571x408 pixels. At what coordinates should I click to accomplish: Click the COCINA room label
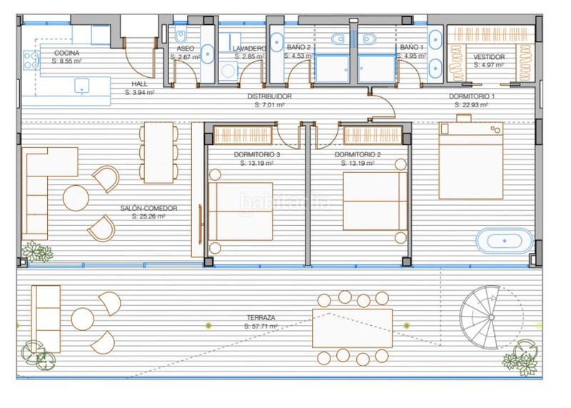tap(66, 54)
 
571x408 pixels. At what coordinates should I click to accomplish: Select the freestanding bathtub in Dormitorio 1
tap(505, 241)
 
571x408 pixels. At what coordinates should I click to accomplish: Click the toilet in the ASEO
tap(181, 36)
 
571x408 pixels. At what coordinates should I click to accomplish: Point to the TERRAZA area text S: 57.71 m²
tap(261, 327)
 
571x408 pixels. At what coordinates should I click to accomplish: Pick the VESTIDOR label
tap(489, 57)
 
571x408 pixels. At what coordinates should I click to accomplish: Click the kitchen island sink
tap(82, 86)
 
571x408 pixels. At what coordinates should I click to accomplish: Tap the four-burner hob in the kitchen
tap(31, 60)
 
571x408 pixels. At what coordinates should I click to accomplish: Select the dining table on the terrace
tap(352, 328)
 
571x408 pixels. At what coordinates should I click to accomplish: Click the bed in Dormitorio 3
tap(241, 212)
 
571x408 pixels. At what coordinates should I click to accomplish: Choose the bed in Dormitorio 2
tap(375, 201)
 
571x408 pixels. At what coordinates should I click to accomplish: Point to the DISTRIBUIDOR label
tap(270, 96)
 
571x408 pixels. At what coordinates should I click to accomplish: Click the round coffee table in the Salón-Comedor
tap(76, 198)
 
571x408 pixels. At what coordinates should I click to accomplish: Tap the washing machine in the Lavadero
tap(228, 71)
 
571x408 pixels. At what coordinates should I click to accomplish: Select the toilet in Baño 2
tap(338, 39)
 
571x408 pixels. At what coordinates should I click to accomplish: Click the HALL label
tap(139, 84)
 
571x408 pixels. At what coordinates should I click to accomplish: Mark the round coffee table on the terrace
tap(83, 319)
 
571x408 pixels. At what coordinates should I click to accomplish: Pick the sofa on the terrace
tap(46, 319)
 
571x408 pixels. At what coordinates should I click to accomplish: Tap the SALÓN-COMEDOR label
tap(148, 208)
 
